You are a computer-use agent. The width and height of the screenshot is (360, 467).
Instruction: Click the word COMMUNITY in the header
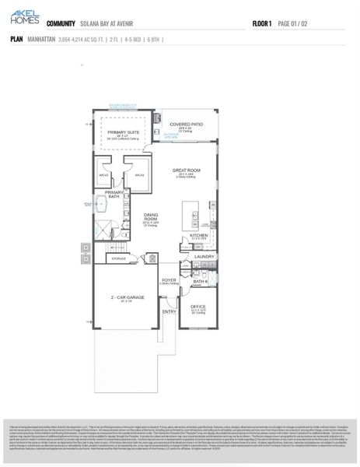(x=61, y=24)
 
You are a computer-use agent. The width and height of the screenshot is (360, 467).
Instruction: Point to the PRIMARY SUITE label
(x=122, y=132)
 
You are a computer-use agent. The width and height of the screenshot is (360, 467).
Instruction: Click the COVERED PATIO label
(x=186, y=124)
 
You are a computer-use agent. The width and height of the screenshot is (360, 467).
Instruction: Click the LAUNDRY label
(x=204, y=256)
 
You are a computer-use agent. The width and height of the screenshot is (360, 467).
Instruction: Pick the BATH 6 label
(x=199, y=281)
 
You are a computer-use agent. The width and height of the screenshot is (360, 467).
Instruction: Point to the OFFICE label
(x=199, y=306)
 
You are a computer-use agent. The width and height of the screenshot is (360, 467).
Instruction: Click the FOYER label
(x=169, y=279)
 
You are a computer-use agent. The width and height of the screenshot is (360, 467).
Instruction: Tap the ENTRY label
(x=169, y=312)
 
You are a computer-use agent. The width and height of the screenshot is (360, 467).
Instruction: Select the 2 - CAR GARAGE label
(x=126, y=297)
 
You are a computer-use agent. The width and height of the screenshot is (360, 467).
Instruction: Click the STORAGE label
(x=118, y=258)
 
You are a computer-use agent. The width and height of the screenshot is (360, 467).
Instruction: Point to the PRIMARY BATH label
(x=114, y=194)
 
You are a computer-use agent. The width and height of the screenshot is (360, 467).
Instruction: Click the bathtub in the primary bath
(x=101, y=205)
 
